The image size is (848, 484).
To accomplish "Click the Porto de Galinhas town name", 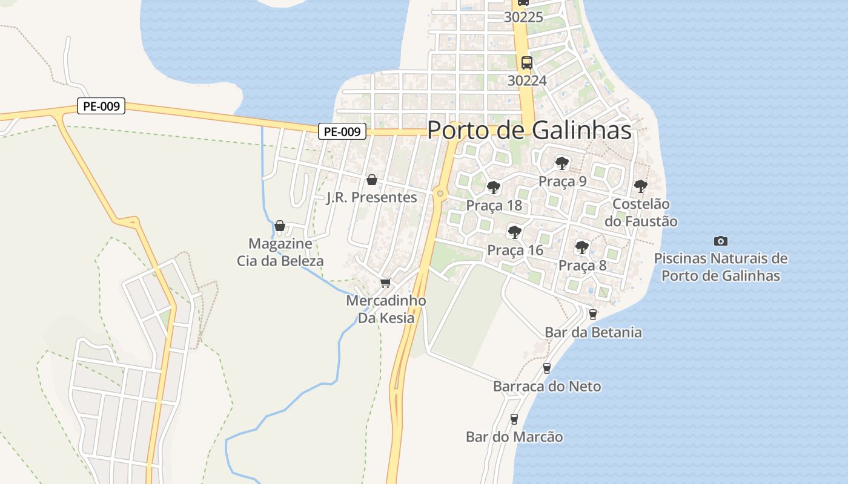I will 529,130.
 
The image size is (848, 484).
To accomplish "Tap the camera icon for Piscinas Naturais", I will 720,241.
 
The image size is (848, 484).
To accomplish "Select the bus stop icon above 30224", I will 527,62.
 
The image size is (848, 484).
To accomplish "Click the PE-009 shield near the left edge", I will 101,106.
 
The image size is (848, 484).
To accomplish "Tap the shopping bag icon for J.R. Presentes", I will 372,180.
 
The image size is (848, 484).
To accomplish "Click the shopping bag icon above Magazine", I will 280,226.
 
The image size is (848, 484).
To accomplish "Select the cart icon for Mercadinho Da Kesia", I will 385,283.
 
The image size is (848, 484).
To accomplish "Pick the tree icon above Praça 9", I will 562,163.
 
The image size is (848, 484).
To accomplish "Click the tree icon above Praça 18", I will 494,187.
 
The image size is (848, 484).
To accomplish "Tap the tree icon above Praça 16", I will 514,232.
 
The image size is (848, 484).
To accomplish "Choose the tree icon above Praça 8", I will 581,247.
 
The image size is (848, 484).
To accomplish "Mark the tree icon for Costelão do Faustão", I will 640,186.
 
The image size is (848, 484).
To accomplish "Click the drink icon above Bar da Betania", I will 592,314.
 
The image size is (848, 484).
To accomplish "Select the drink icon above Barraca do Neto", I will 546,368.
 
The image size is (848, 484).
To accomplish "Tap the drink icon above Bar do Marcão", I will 514,419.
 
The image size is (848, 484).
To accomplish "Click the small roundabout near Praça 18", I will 440,194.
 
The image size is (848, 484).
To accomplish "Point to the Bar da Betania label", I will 593,332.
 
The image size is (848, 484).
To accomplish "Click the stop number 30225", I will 523,18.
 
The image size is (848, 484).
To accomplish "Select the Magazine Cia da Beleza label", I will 280,252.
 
